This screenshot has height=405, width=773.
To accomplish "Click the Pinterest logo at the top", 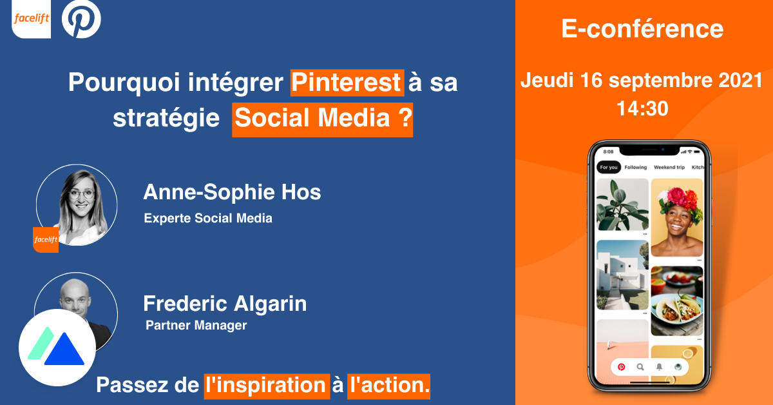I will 81,19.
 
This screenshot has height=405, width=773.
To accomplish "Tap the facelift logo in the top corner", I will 31,19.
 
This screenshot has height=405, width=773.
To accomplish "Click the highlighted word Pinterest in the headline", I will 347,83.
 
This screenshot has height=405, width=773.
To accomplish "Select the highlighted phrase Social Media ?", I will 322,119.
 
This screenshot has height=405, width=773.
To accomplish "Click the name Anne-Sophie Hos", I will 232,192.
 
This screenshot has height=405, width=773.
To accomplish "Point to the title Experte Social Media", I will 208,218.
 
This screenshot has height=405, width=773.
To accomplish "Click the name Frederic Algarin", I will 225,303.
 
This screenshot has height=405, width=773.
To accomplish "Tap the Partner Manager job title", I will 196,326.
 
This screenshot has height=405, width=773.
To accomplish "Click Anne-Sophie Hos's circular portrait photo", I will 77,204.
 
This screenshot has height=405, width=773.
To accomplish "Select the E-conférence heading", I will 642,29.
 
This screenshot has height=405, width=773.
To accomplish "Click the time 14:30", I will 642,108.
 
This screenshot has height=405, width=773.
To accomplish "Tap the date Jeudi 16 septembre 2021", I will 642,81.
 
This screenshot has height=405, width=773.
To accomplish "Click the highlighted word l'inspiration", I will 265,385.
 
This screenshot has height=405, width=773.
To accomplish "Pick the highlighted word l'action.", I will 388,385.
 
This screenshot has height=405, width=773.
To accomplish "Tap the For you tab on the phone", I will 609,168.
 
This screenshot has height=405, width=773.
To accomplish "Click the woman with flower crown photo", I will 676,217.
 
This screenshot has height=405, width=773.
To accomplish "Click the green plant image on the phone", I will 622,204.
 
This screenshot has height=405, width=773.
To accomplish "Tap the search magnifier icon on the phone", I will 640,367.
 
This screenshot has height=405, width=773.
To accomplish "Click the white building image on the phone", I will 622,275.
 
